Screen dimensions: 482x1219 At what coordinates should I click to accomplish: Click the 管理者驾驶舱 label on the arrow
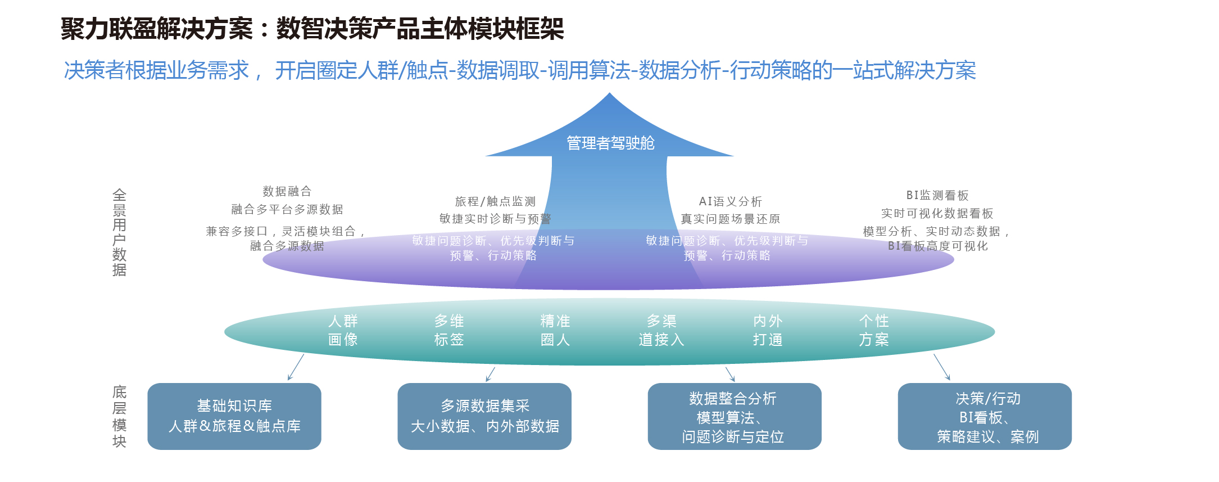610,143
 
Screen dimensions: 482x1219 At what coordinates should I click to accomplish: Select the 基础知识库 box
234,416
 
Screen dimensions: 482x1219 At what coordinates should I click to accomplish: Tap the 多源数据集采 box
484,416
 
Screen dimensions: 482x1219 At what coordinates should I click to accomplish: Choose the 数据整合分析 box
734,416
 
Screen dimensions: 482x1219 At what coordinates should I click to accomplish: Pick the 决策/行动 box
985,416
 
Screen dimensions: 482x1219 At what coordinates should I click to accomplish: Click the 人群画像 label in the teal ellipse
343,330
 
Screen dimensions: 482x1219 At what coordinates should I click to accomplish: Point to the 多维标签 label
449,330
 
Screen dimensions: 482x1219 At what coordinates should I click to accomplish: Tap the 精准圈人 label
555,330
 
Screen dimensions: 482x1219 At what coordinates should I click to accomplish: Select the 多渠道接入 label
661,330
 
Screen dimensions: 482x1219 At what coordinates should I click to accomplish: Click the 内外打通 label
768,330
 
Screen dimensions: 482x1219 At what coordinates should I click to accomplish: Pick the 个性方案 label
874,330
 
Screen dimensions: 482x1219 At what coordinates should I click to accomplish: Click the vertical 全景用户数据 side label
119,232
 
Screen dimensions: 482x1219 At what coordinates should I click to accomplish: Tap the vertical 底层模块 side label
119,417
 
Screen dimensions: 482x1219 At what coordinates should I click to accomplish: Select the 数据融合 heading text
287,191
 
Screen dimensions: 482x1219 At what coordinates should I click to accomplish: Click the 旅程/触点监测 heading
495,201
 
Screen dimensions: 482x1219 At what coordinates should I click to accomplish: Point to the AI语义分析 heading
730,201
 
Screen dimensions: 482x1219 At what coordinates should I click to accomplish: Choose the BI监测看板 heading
937,195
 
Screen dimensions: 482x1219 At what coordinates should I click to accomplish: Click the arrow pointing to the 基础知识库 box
296,367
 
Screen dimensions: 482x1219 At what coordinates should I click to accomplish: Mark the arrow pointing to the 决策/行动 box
942,367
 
